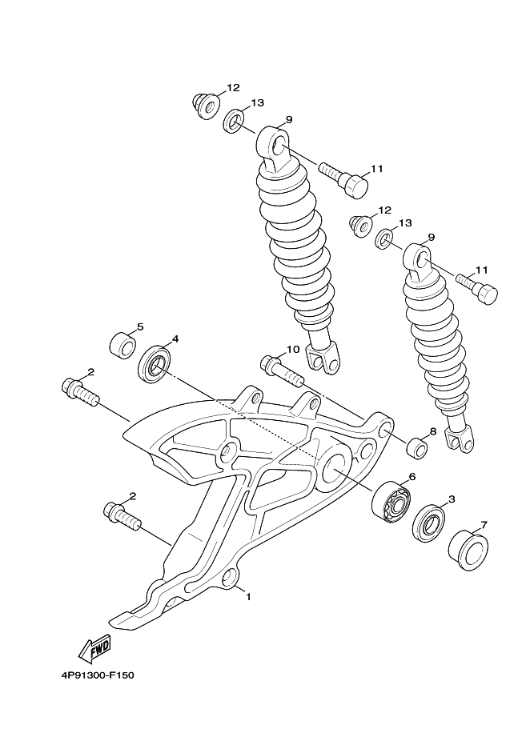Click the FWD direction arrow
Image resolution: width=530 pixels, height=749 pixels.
point(95,649)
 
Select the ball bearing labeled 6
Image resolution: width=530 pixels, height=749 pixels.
point(391,503)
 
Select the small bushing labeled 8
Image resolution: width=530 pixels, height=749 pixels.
point(417,447)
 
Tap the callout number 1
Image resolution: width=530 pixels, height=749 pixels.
point(248,597)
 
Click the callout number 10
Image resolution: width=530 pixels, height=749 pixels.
point(293,349)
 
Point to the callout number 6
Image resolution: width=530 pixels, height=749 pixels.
point(412,476)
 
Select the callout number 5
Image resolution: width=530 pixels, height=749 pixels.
point(140,326)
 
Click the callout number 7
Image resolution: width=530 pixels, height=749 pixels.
point(484,525)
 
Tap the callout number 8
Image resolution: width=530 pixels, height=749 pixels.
point(433,431)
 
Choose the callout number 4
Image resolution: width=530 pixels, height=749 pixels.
point(175,338)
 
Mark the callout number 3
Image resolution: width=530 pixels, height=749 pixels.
point(452,499)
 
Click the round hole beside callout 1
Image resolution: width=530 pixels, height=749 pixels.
point(230,577)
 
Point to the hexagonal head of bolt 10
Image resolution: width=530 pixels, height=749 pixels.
point(267,362)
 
